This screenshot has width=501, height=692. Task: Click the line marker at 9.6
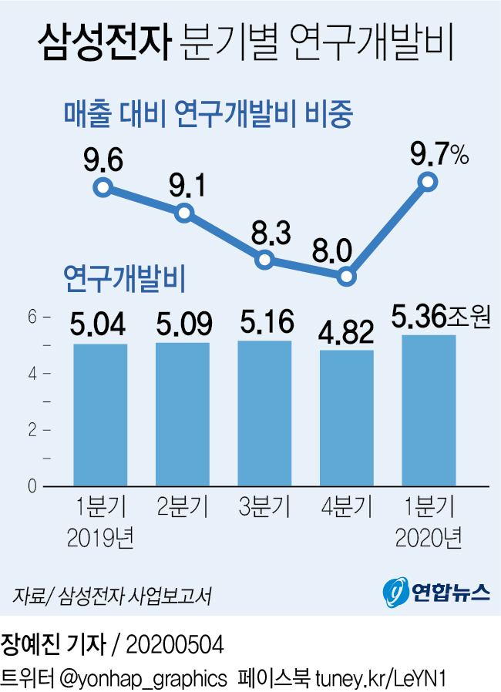(x=103, y=187)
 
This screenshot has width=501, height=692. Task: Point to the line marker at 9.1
(x=183, y=211)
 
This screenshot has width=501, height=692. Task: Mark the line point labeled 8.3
(x=264, y=260)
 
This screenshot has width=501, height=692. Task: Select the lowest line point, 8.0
(x=346, y=276)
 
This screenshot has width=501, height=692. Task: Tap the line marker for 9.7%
(x=428, y=182)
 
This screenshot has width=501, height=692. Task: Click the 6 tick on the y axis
(x=33, y=317)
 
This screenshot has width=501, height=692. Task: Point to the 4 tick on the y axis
(x=33, y=374)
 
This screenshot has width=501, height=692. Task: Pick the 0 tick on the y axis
(x=33, y=487)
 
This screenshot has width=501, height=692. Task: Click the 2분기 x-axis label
(x=183, y=508)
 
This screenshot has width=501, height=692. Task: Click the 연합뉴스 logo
(x=436, y=592)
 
